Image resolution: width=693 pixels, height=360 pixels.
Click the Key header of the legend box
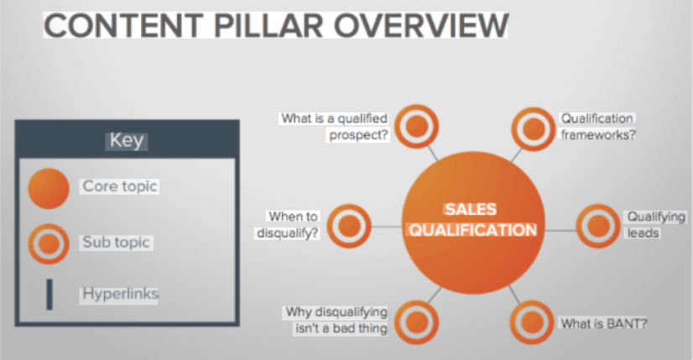pyautogui.click(x=127, y=140)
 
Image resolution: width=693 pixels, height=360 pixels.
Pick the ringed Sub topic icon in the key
pyautogui.click(x=49, y=243)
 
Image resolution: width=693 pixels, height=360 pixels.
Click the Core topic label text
pyautogui.click(x=120, y=185)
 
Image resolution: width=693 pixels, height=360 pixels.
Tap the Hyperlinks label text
pyautogui.click(x=120, y=294)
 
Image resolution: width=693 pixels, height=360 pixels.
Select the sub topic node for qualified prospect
pyautogui.click(x=416, y=127)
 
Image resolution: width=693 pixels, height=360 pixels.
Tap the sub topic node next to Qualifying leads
pyautogui.click(x=598, y=225)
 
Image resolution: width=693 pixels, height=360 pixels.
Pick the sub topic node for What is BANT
pyautogui.click(x=532, y=321)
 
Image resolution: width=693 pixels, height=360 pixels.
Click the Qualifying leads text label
pyautogui.click(x=643, y=224)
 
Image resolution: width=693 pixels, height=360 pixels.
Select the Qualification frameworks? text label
pyautogui.click(x=597, y=126)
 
